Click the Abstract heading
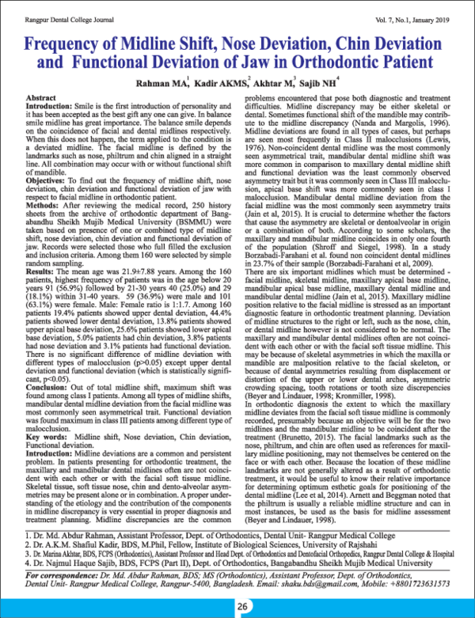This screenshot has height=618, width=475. (x=42, y=95)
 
